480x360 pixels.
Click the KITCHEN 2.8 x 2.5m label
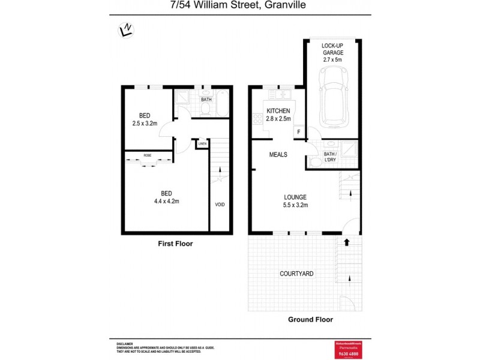[278, 115]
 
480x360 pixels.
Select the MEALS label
[278, 154]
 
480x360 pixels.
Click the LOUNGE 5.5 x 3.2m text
[295, 201]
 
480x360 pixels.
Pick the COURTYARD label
[296, 274]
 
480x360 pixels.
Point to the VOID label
[220, 205]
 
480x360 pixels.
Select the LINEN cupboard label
[202, 144]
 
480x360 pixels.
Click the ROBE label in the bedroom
[147, 155]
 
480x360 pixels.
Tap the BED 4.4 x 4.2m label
[166, 197]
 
